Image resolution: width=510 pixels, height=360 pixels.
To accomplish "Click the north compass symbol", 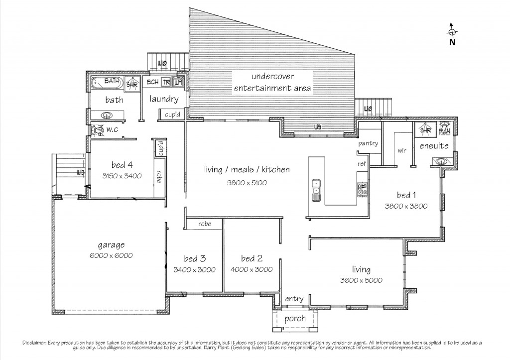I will coord(452,32).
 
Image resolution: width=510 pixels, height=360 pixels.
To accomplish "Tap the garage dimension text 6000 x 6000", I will coord(111,255).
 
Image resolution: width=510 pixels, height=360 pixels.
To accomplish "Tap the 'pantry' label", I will coord(368,144).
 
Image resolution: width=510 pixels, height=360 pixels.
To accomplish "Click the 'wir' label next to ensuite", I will coord(402,150).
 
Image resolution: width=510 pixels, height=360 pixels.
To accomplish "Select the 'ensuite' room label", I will coord(434,146).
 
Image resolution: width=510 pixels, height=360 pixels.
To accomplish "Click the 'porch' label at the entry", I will coord(294,319).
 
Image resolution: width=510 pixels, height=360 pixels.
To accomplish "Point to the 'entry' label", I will coord(294,299).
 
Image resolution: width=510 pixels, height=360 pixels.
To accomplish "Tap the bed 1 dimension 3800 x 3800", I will coord(406,206).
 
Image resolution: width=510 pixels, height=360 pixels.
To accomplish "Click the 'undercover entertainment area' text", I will coord(273,83).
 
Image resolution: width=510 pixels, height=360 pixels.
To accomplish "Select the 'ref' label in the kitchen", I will coord(362,164).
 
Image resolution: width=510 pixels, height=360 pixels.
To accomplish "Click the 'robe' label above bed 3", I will coord(204,224).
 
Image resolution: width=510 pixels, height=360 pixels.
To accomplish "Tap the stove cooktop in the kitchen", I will coord(362,188).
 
